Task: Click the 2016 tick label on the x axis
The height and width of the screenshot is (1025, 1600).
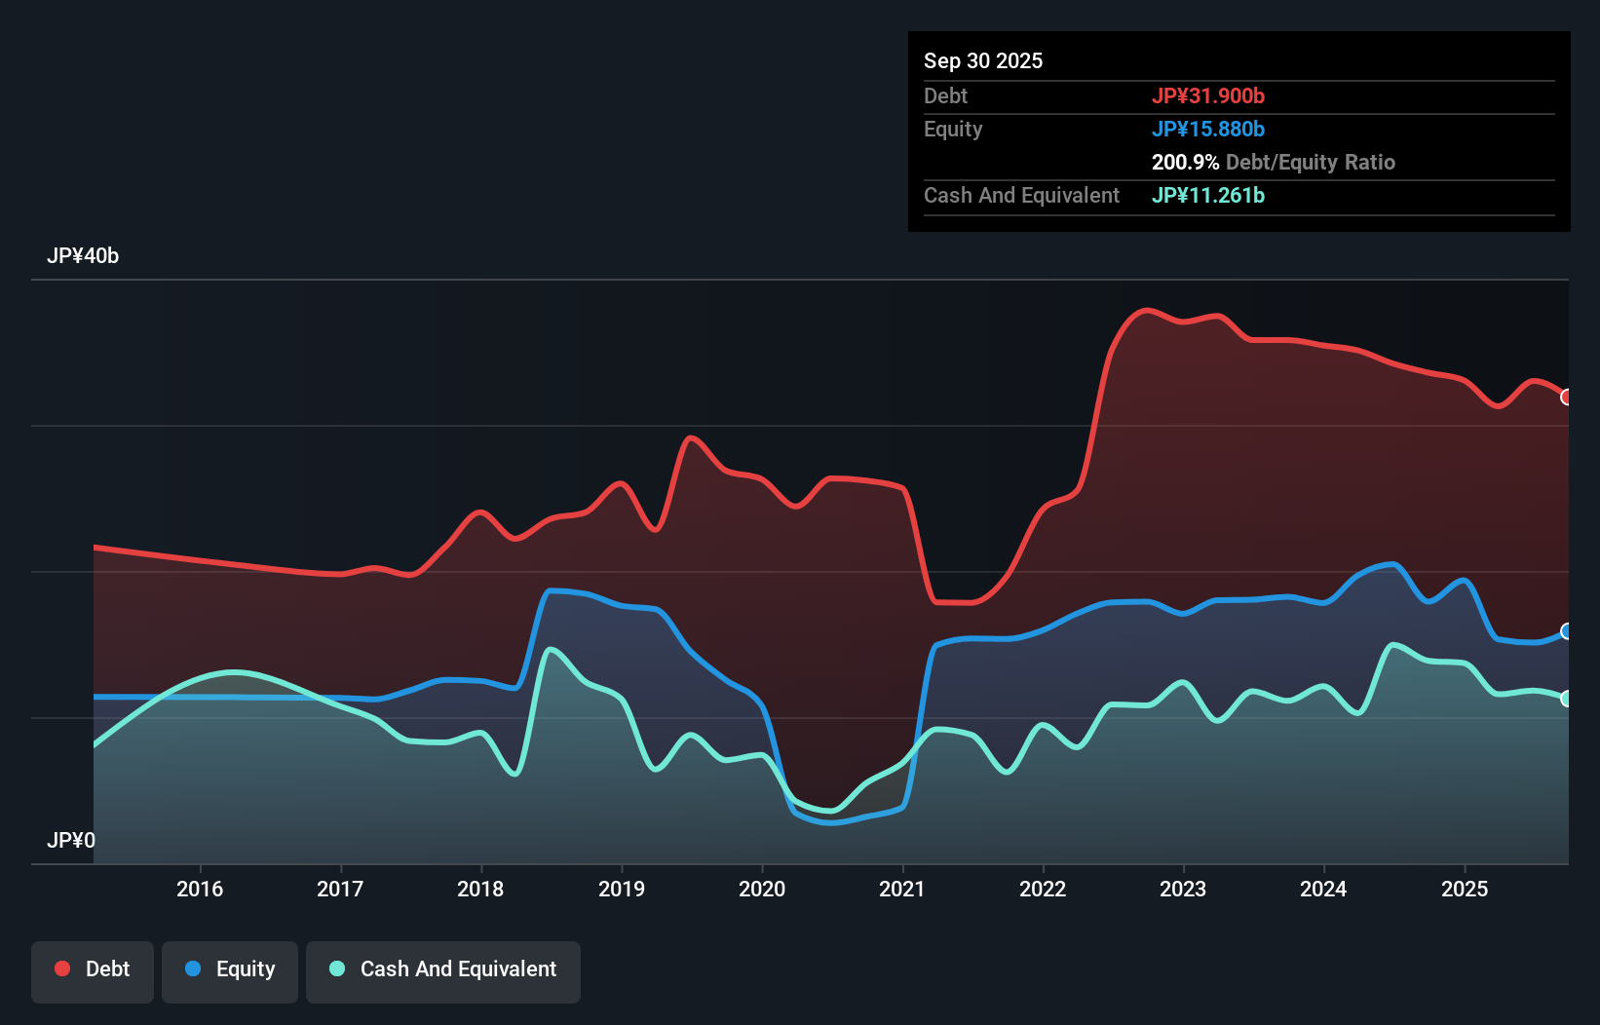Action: point(200,889)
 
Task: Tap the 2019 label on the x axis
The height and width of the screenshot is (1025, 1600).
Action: point(622,889)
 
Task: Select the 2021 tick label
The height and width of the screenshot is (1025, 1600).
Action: point(902,889)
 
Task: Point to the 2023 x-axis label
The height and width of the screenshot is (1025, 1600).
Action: point(1183,889)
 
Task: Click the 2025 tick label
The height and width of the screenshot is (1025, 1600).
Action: point(1465,889)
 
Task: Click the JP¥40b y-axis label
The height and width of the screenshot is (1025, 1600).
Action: point(83,256)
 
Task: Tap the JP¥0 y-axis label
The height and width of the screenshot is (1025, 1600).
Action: point(71,840)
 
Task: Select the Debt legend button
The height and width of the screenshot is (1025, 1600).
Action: point(93,969)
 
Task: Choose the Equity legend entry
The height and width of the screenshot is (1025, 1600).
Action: point(230,969)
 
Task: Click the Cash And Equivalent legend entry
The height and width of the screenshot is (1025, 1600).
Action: point(443,969)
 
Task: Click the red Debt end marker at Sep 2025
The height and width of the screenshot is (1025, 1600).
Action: point(1566,398)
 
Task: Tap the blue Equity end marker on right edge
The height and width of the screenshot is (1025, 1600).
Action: point(1566,631)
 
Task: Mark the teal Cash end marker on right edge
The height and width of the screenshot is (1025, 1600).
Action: point(1566,699)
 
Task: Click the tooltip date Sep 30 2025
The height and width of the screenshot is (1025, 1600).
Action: point(983,60)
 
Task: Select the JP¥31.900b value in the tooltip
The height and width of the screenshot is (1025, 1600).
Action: point(1208,95)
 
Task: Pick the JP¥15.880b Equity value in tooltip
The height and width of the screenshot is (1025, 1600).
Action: point(1208,129)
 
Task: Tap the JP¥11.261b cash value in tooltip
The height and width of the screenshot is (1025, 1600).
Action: point(1208,195)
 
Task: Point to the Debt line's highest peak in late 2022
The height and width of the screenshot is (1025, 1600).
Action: point(1147,311)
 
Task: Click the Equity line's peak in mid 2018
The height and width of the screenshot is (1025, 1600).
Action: point(552,590)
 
